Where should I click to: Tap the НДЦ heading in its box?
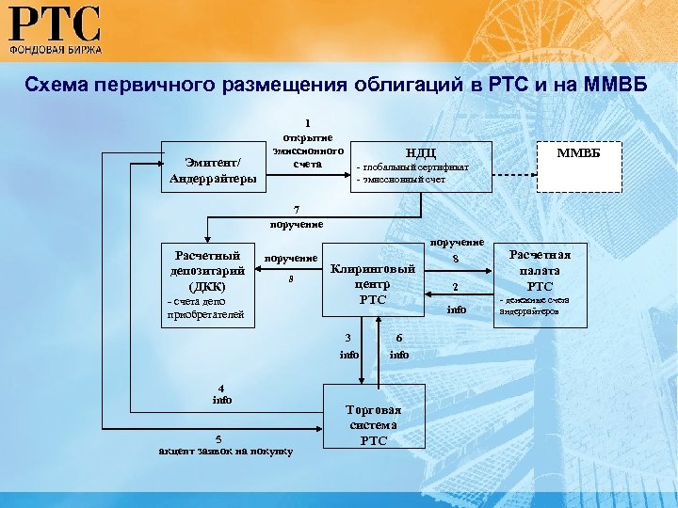point(420,152)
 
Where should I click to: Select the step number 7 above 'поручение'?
point(296,210)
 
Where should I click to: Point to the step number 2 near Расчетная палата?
point(454,288)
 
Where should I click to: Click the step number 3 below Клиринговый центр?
point(348,339)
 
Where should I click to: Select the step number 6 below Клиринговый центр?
point(399,339)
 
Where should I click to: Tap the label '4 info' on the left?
point(221,393)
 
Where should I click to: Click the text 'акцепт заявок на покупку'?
point(225,451)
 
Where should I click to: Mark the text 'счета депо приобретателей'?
point(203,308)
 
